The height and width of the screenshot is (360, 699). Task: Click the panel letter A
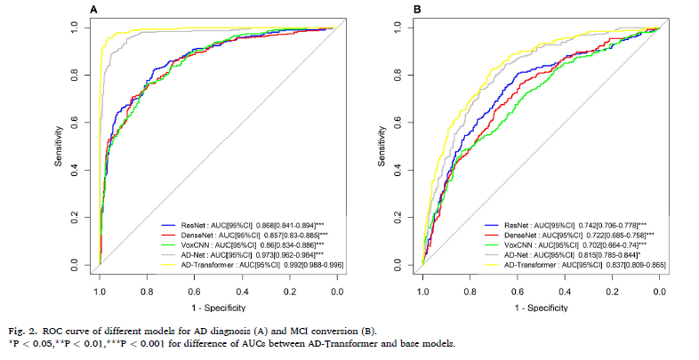[94, 9]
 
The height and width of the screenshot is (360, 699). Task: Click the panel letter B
[417, 9]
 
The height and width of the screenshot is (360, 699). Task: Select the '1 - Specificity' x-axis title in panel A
[218, 307]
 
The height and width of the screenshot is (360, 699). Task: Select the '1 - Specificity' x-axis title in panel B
[541, 307]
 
